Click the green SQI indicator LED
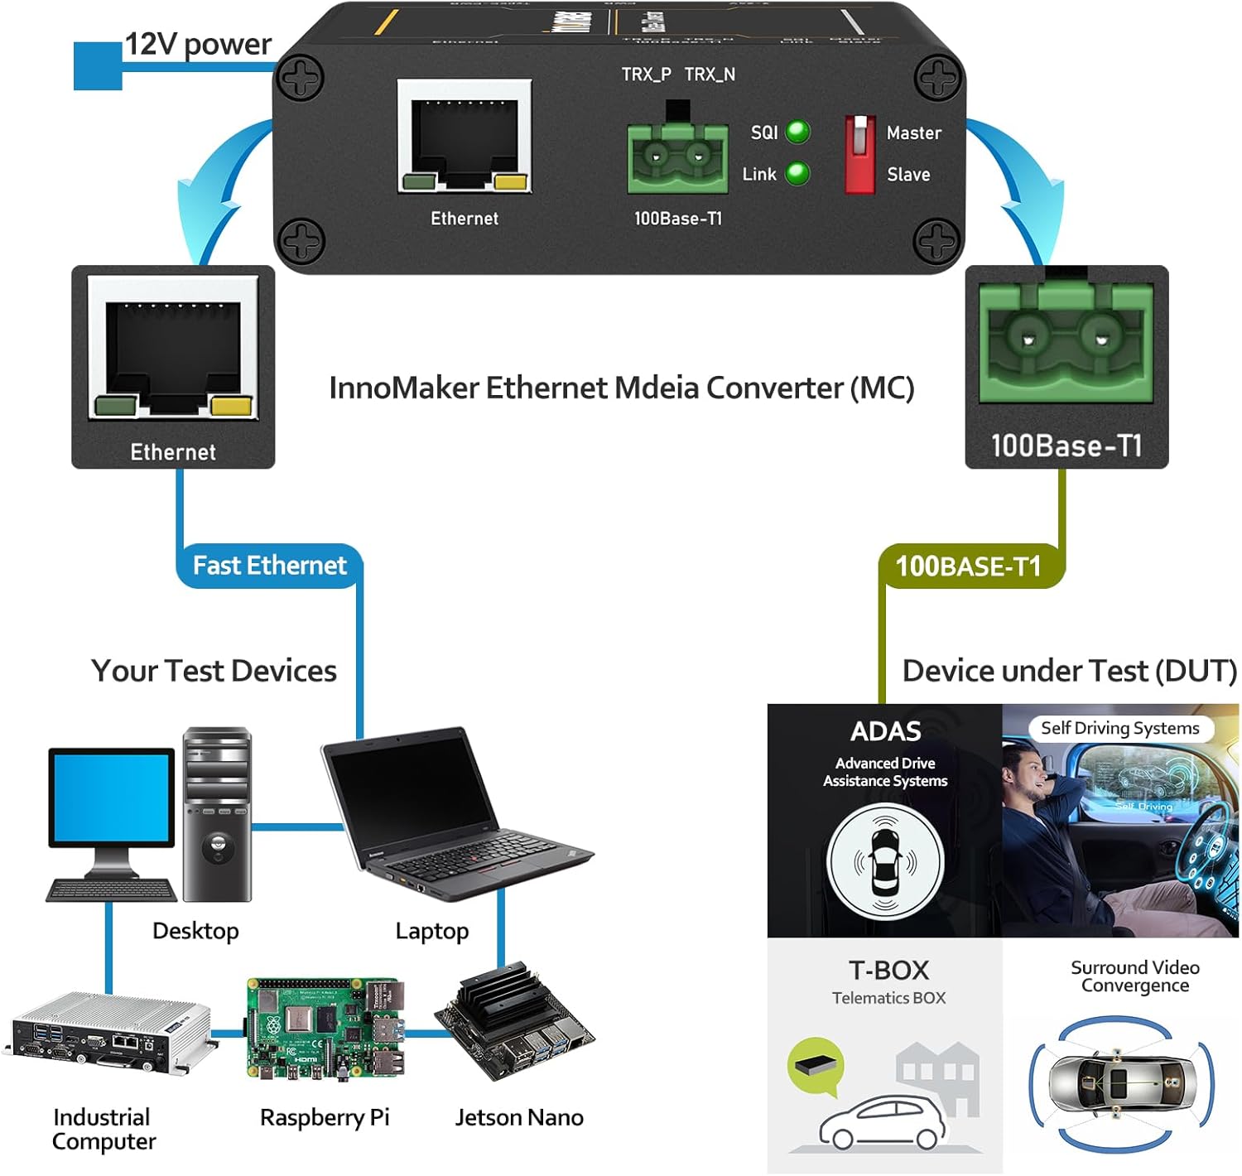[797, 132]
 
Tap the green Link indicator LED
[797, 173]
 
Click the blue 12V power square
[98, 66]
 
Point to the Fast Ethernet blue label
[269, 566]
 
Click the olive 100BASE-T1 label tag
[969, 566]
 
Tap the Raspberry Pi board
[325, 1029]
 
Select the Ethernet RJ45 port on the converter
[465, 137]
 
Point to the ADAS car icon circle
[885, 861]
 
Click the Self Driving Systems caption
[1119, 728]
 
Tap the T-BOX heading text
[888, 970]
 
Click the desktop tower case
[217, 814]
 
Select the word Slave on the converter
[908, 175]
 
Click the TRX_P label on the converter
[646, 75]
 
